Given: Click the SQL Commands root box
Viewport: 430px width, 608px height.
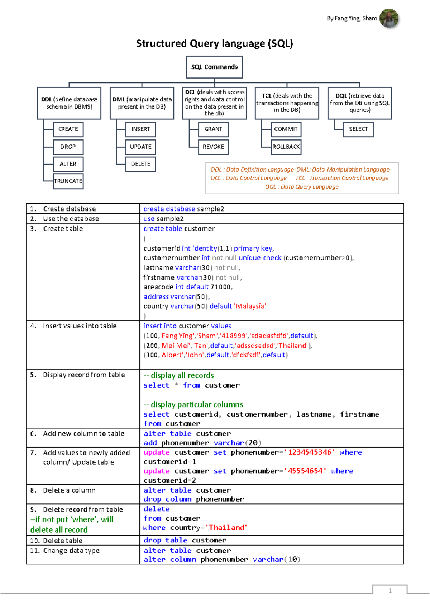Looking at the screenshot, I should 214,67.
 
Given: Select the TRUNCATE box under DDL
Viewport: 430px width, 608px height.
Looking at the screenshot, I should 68,181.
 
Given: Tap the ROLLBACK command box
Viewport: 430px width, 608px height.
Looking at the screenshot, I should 286,147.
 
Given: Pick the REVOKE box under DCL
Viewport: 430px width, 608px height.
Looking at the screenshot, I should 213,147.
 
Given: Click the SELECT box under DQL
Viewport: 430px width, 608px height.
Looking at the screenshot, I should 358,129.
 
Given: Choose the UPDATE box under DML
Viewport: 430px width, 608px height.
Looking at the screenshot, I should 140,147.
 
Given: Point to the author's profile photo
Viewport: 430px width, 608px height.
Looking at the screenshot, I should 389,18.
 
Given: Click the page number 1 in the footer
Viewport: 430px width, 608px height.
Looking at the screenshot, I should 390,591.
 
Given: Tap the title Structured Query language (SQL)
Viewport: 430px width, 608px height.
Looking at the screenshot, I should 214,43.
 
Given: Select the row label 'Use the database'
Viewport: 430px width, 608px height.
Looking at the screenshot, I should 71,219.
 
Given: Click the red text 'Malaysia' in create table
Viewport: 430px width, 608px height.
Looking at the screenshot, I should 250,306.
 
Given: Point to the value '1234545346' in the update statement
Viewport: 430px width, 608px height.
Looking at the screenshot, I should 310,452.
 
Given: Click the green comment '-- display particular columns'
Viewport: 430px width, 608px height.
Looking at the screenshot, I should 193,405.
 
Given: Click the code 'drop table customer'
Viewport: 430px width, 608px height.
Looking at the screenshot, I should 185,540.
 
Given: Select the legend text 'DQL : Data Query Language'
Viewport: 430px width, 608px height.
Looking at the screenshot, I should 302,187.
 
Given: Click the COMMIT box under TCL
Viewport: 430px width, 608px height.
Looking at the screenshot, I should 286,129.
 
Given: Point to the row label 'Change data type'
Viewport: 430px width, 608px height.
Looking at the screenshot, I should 71,551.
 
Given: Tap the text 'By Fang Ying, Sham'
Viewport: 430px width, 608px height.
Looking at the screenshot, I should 352,18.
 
